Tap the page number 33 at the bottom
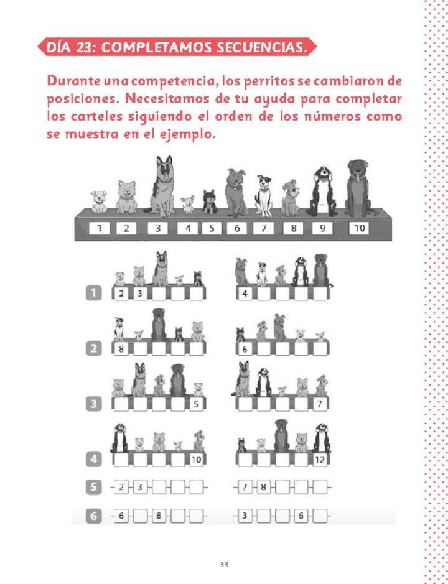(224, 565)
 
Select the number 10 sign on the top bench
(359, 228)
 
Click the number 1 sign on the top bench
(98, 228)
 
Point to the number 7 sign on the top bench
(263, 228)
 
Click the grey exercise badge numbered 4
(93, 460)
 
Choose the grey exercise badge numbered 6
(93, 516)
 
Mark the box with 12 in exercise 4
(320, 460)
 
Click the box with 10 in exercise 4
(196, 460)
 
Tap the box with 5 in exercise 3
(196, 404)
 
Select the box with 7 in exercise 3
(320, 404)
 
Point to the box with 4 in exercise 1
(245, 294)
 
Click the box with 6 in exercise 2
(245, 350)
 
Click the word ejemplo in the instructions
(185, 134)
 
